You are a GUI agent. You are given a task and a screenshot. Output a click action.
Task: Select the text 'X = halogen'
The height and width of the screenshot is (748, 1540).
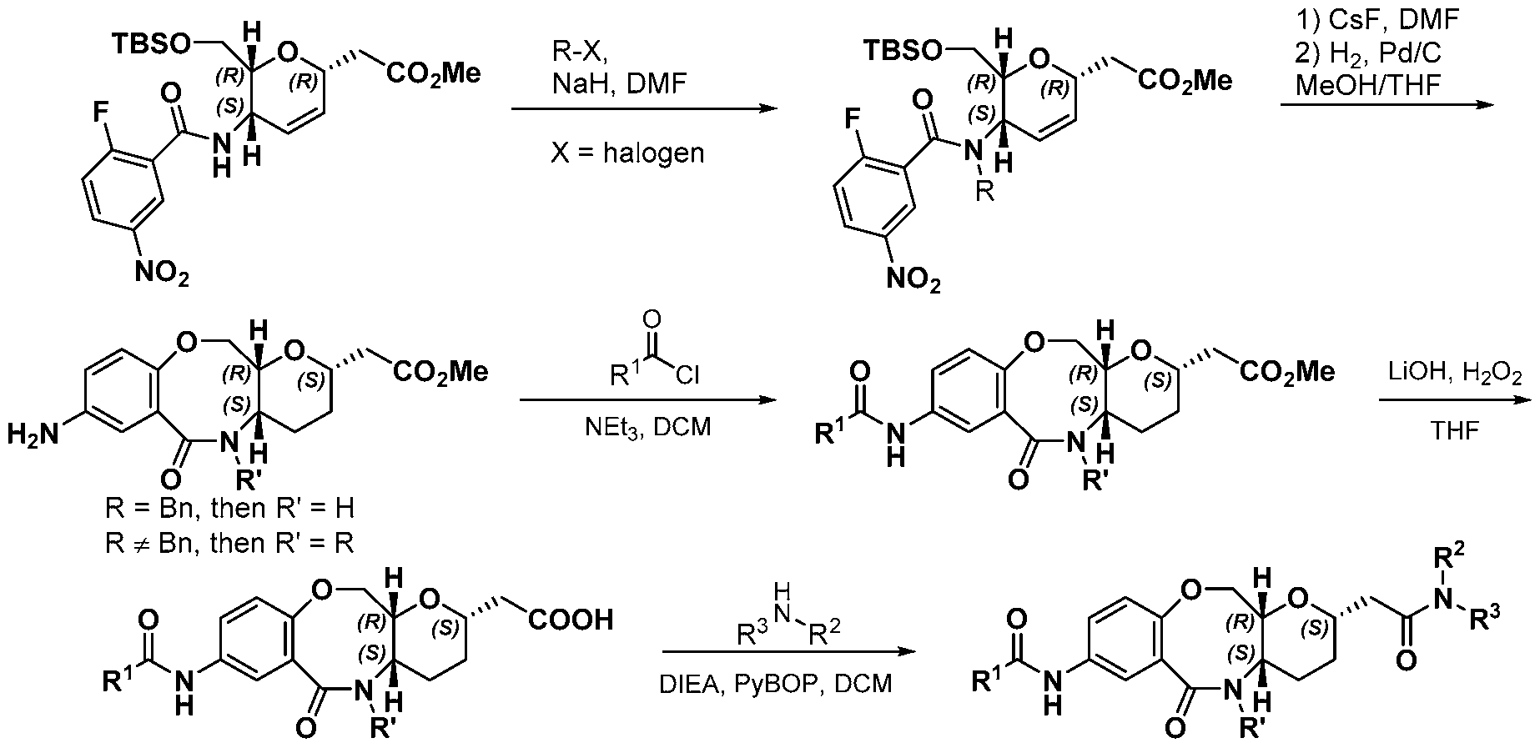tap(627, 153)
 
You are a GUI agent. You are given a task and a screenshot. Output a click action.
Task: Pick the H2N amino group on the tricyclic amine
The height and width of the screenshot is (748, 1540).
tap(36, 434)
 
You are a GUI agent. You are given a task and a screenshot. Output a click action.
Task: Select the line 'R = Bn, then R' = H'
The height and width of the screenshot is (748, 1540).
tap(229, 508)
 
